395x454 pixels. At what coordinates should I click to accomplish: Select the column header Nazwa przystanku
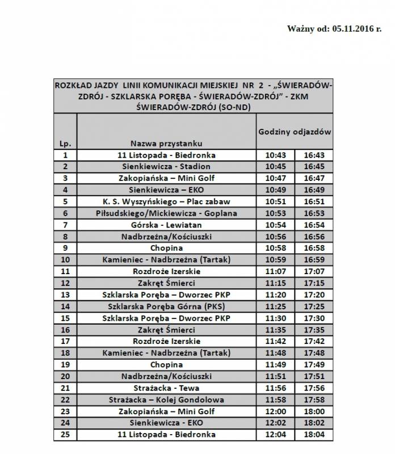(166, 144)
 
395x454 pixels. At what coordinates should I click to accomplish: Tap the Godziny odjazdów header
(295, 131)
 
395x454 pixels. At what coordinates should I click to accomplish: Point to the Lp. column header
(65, 144)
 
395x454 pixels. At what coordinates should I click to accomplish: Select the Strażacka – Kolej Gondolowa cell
(166, 400)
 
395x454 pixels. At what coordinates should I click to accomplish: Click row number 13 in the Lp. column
(65, 295)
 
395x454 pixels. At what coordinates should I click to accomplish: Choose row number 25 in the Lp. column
(65, 435)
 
